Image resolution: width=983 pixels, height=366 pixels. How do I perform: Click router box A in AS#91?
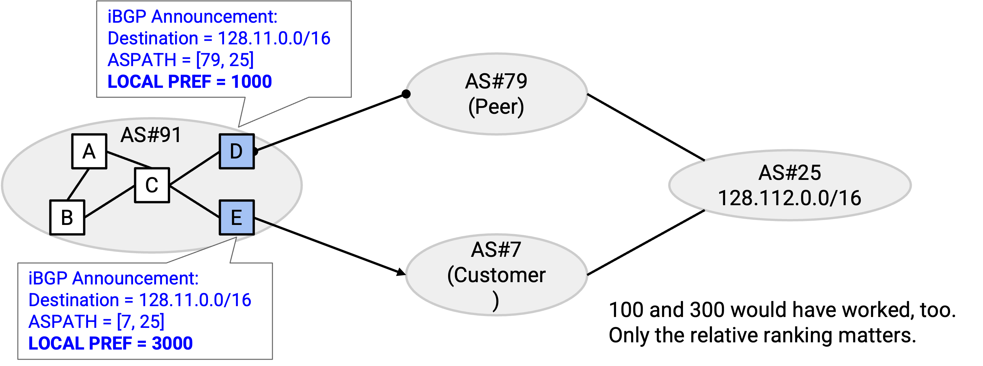(x=89, y=151)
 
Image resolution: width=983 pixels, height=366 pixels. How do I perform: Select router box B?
(x=67, y=217)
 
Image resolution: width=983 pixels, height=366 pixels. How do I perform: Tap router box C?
(x=152, y=185)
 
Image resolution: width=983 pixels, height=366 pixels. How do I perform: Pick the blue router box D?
(x=237, y=151)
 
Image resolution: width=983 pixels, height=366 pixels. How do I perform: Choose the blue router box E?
(x=237, y=217)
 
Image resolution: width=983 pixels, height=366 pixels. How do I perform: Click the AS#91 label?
(x=151, y=135)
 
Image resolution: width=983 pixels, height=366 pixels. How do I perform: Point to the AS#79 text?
(x=496, y=81)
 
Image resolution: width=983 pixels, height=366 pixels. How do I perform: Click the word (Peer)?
(x=496, y=107)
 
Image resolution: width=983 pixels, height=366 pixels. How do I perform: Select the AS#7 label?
(x=496, y=250)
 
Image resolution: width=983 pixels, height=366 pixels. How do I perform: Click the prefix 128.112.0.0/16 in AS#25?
(x=789, y=198)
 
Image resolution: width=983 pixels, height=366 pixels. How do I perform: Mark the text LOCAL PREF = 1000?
(x=190, y=81)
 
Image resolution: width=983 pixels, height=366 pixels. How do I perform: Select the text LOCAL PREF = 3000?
(x=111, y=343)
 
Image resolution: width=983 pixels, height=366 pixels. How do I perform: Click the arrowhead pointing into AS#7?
(x=401, y=272)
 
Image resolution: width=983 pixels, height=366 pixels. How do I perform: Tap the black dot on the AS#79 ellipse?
(x=406, y=94)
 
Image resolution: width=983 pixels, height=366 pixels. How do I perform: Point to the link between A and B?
(x=78, y=184)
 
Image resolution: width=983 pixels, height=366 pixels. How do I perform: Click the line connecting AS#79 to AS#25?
(x=646, y=127)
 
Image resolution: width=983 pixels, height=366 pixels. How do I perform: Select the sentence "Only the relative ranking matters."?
(x=763, y=335)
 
